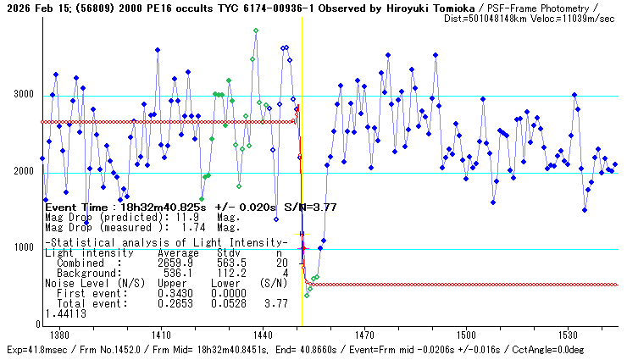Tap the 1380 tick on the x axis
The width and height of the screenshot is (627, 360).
pyautogui.click(x=59, y=335)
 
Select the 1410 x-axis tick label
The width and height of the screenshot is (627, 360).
pyautogui.click(x=161, y=335)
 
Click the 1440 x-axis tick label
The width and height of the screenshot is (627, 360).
pyautogui.click(x=263, y=335)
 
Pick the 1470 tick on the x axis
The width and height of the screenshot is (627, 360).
pyautogui.click(x=364, y=335)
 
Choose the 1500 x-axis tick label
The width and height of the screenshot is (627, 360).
pyautogui.click(x=466, y=335)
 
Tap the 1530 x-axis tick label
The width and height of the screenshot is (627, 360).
pyautogui.click(x=568, y=335)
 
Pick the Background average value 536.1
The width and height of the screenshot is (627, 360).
pyautogui.click(x=180, y=273)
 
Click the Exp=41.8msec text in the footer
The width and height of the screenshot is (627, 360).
pyautogui.click(x=35, y=350)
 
